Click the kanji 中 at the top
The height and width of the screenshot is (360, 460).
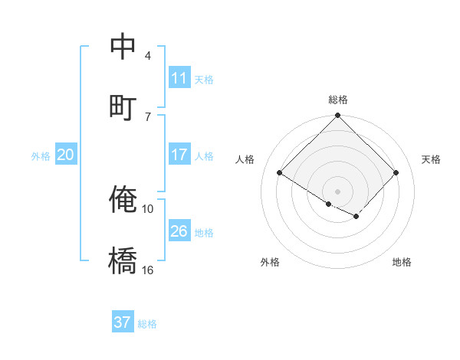tap(123, 47)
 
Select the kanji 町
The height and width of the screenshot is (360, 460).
tap(123, 106)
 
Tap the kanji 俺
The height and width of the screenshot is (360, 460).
tap(123, 199)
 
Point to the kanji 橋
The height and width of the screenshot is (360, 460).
tap(123, 260)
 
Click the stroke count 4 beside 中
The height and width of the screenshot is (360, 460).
tap(147, 55)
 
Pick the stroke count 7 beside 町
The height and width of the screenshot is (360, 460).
tap(147, 116)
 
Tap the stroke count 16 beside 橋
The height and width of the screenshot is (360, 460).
tap(148, 269)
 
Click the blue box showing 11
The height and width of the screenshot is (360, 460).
tap(179, 78)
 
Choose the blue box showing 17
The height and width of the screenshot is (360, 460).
tap(179, 155)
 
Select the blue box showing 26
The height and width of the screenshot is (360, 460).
tap(179, 231)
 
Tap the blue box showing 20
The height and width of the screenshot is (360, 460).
tap(65, 155)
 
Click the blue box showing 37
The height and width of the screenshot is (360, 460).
tap(123, 322)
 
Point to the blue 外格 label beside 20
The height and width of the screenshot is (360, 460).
tap(41, 156)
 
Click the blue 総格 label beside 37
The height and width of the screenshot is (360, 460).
tap(147, 324)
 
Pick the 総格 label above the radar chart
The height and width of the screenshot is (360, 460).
tap(337, 100)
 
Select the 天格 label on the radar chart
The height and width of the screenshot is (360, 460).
tap(431, 159)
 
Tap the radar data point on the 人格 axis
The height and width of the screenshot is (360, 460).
tap(280, 173)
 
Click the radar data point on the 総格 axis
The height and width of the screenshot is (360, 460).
tap(337, 116)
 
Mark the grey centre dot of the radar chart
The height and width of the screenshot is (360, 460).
tap(337, 191)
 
